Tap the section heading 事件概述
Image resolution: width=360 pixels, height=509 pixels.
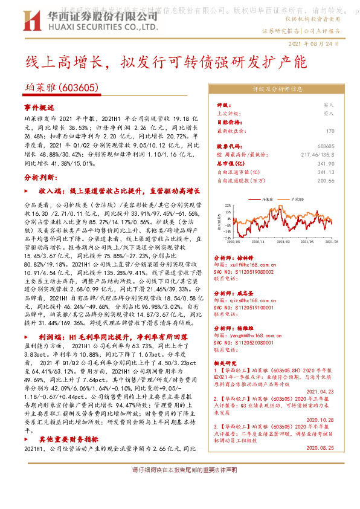tap(39, 106)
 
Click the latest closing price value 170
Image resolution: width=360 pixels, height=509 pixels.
tap(330, 131)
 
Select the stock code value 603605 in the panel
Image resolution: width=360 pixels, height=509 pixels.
tap(326, 146)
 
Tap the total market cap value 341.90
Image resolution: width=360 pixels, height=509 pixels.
tap(326, 163)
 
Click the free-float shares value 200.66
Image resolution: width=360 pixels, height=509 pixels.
tap(326, 180)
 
